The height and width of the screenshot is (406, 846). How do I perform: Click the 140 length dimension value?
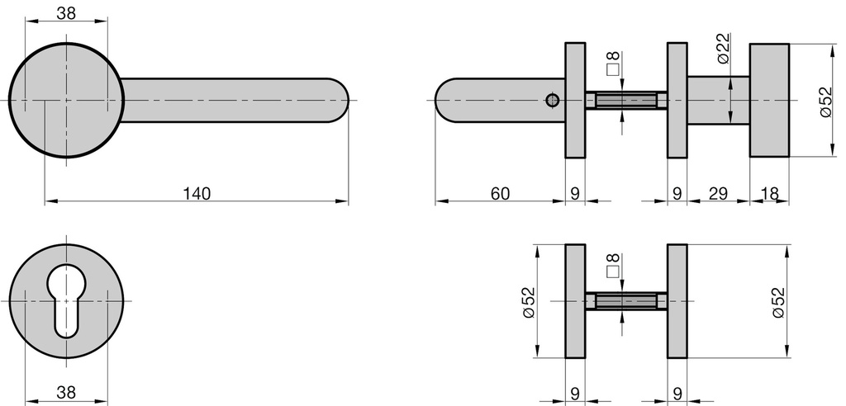pos(197,193)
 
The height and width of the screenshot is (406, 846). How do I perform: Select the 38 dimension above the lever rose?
pos(67,12)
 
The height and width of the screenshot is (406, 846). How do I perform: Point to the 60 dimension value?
pos(500,193)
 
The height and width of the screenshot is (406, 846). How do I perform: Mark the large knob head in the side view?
pos(769,100)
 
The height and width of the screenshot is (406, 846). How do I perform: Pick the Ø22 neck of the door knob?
pos(718,100)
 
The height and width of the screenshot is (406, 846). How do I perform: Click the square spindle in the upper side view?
pos(625,100)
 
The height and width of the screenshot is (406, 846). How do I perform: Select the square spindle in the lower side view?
pos(625,301)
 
